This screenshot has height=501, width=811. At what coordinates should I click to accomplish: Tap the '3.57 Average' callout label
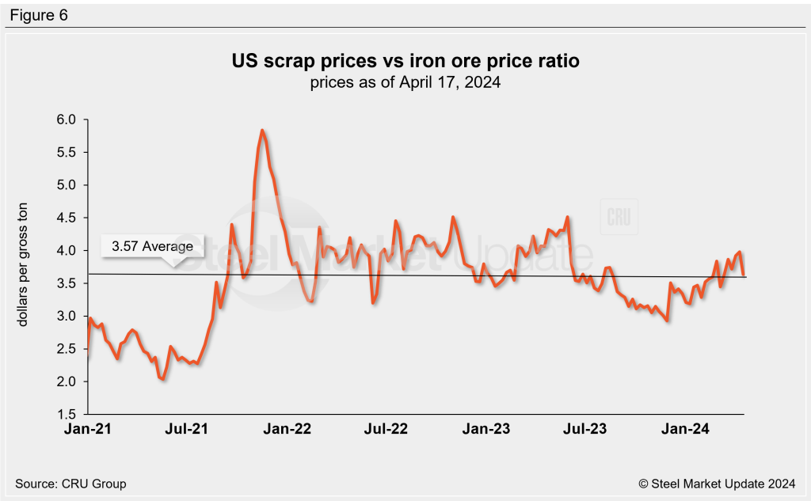[151, 246]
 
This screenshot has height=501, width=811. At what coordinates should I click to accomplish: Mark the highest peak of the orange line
[261, 131]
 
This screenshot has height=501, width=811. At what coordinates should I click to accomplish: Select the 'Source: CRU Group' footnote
[70, 483]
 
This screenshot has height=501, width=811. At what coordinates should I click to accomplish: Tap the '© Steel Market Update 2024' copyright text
[718, 483]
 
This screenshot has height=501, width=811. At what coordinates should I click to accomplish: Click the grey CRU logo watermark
[618, 217]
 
